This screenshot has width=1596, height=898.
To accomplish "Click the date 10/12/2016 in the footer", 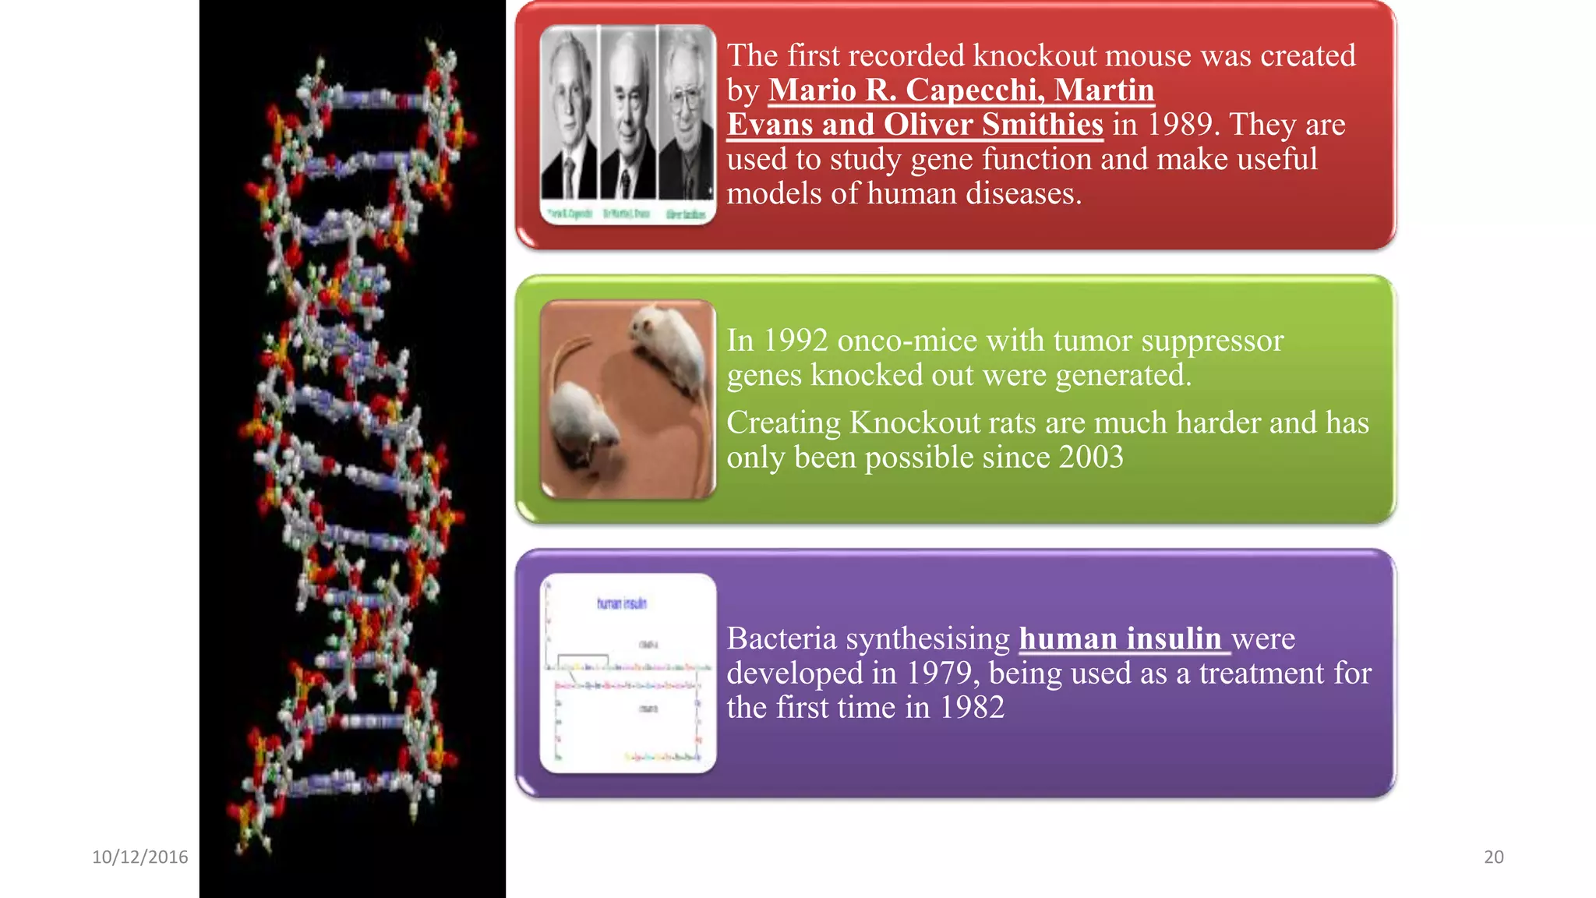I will pos(140,857).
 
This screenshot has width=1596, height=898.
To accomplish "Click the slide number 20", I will pos(1493,857).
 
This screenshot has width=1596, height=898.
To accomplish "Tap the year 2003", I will pos(1090,457).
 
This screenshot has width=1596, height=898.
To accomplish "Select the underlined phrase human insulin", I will pos(1120,638).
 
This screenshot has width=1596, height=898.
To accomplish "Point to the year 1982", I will pos(972,707).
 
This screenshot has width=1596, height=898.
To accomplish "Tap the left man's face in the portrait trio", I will pos(568,101).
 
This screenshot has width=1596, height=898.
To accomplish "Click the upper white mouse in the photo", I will pos(666,343).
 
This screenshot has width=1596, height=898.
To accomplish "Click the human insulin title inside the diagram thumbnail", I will pos(621,603).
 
